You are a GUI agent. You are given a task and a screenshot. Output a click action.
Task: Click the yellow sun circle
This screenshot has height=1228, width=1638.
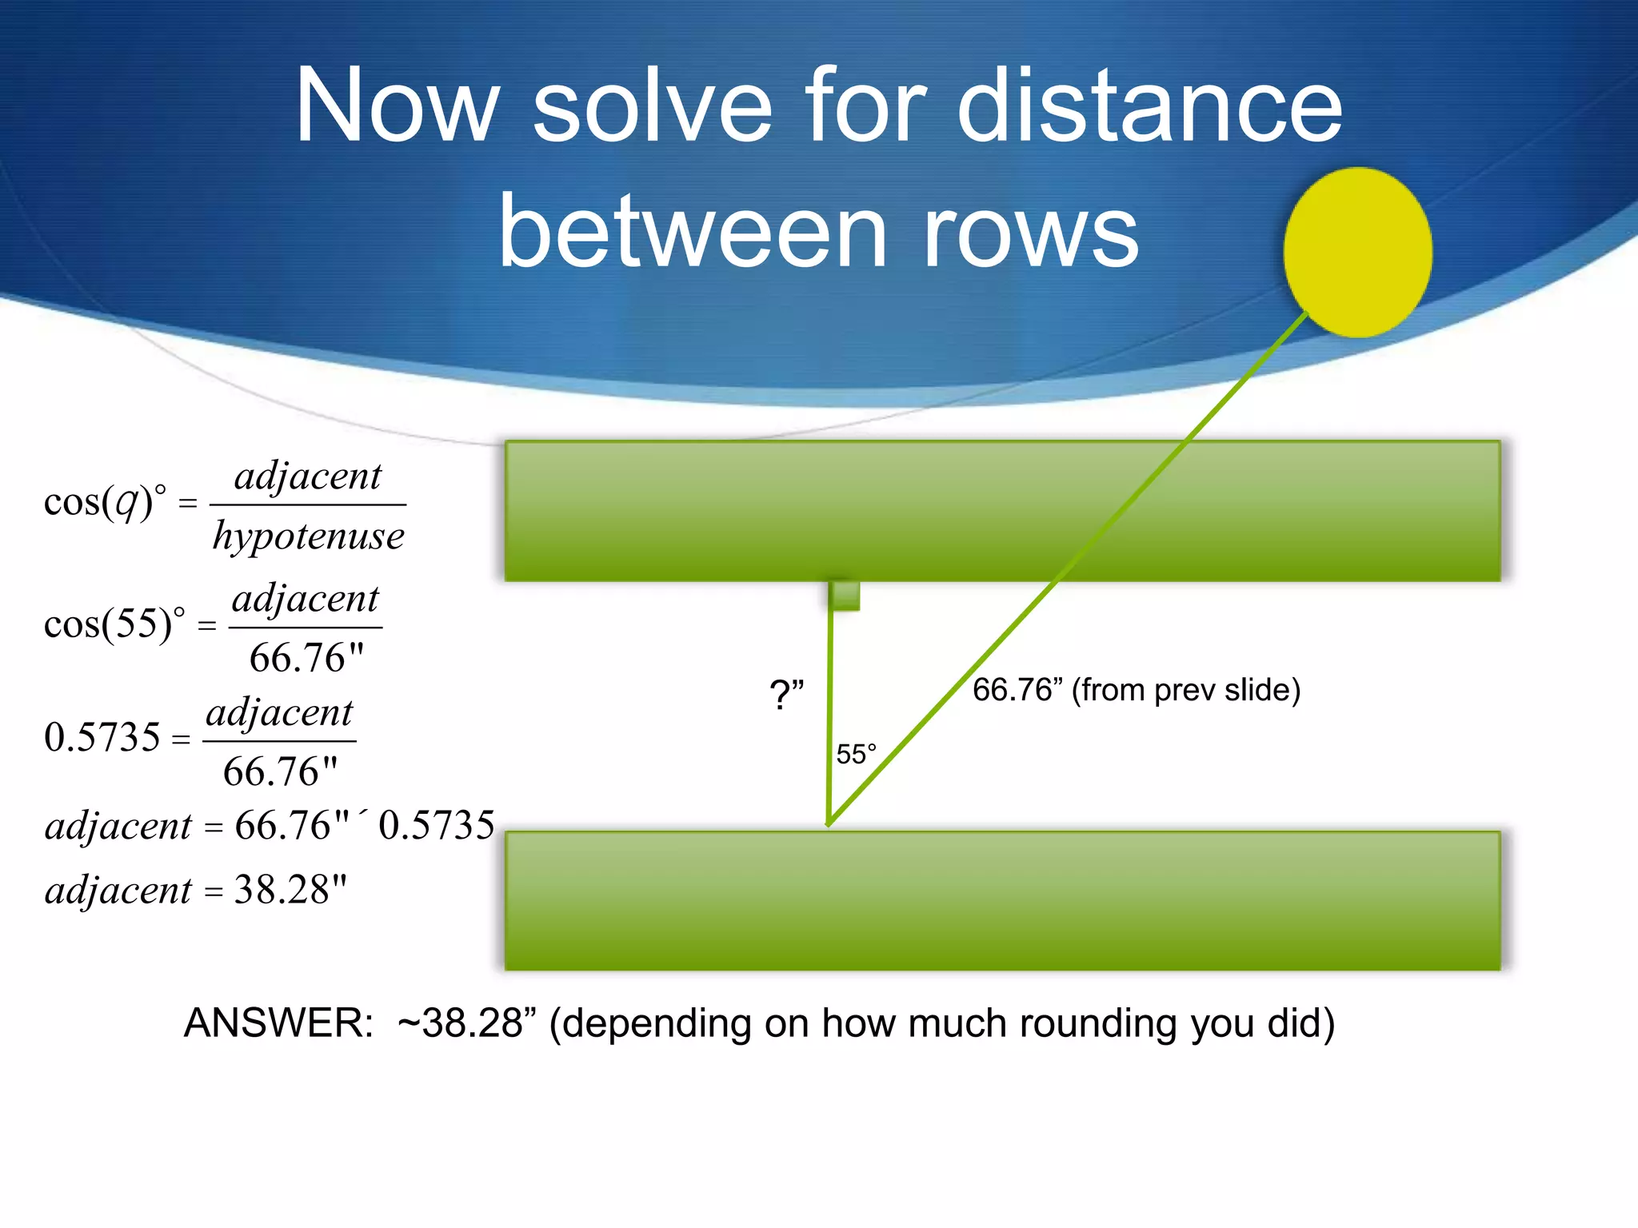click(x=1357, y=252)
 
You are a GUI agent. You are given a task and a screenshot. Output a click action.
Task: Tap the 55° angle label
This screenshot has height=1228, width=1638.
click(x=856, y=754)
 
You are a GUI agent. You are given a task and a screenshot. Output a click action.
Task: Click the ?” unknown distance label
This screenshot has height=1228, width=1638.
click(x=785, y=694)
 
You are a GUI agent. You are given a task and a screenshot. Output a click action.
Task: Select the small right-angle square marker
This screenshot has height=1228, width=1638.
click(x=845, y=596)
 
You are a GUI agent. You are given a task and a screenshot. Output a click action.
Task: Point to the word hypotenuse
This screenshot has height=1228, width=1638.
click(x=309, y=536)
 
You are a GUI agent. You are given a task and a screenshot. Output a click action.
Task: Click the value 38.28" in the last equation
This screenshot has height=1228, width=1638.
click(x=290, y=889)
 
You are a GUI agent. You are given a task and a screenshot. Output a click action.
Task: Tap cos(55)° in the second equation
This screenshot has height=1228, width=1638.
click(x=114, y=624)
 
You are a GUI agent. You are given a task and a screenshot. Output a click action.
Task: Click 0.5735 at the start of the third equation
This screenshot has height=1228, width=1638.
click(x=102, y=736)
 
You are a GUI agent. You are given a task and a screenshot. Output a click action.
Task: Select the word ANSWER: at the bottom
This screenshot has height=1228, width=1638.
click(x=278, y=1023)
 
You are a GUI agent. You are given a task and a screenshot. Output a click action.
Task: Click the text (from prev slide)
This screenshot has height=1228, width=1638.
click(x=1185, y=689)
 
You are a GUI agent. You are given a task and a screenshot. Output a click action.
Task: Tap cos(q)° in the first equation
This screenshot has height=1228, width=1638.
click(x=105, y=502)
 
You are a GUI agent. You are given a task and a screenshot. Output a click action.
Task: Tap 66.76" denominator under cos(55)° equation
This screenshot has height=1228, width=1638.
click(x=306, y=658)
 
